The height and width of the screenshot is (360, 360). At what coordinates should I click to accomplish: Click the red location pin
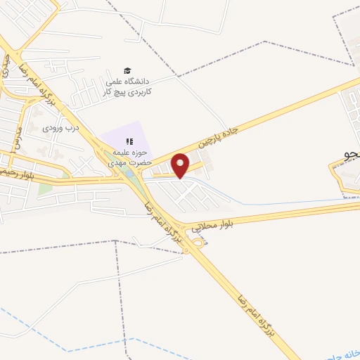tap(181, 165)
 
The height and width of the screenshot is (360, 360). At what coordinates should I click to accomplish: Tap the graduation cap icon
tap(127, 70)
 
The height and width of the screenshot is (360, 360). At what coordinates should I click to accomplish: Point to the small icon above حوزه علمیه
tap(129, 141)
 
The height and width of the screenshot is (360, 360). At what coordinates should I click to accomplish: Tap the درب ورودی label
tap(59, 127)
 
